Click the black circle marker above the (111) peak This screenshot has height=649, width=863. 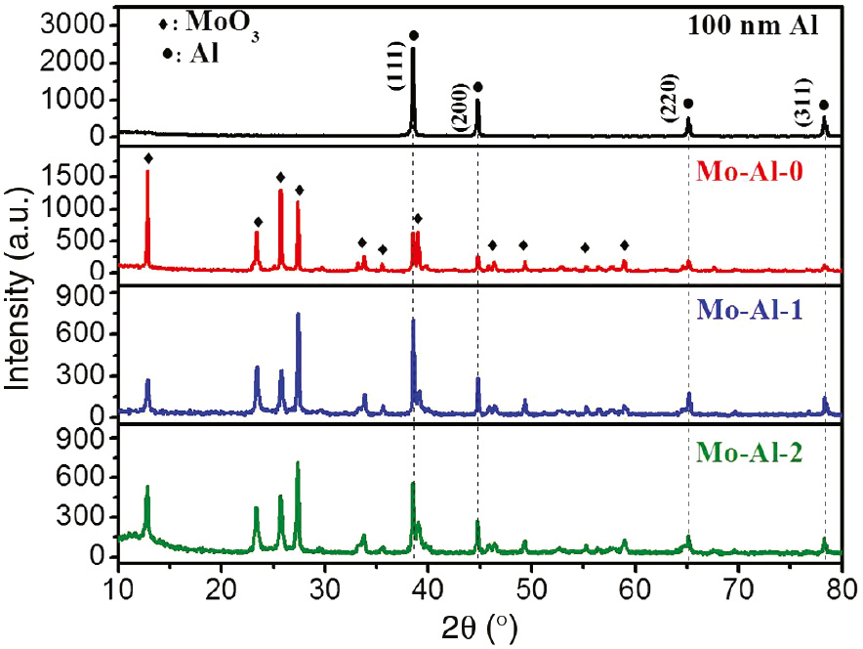pos(414,35)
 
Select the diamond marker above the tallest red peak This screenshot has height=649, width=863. pos(148,158)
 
